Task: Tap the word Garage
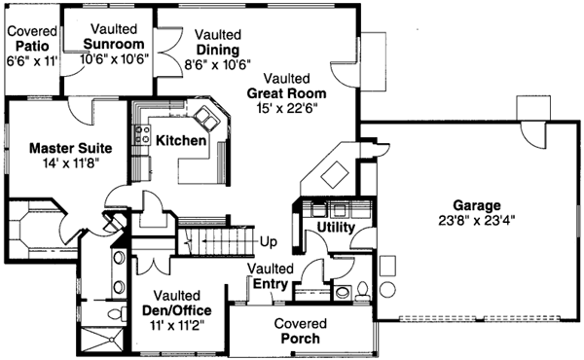click(475, 205)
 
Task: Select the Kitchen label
click(180, 141)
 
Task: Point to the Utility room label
click(335, 227)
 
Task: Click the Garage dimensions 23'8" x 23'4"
click(475, 220)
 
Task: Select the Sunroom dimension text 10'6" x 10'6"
click(113, 59)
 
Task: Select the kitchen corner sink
click(207, 119)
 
